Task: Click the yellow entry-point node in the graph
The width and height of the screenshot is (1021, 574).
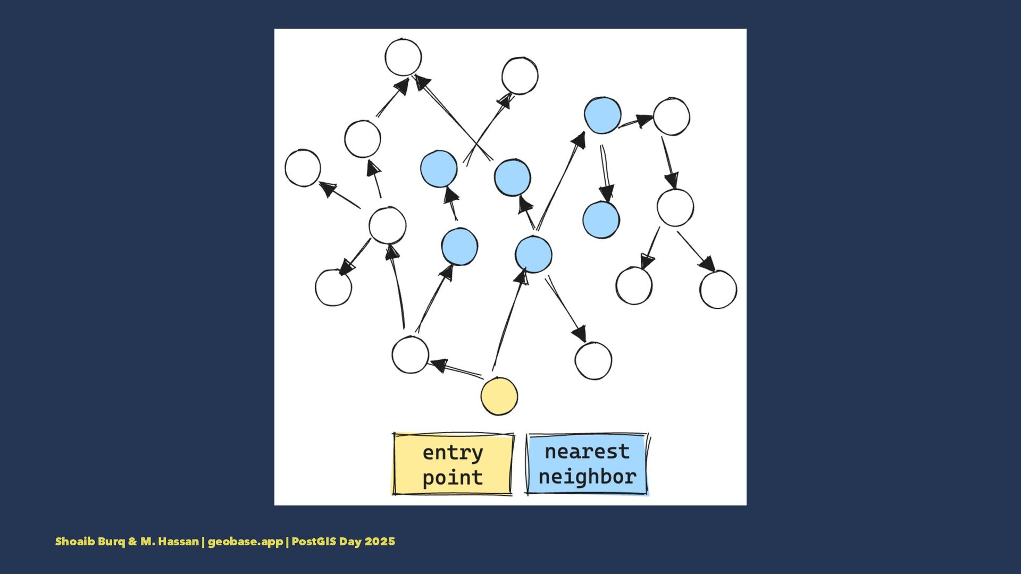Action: pos(499,396)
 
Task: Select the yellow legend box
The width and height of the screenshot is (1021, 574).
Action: pos(453,465)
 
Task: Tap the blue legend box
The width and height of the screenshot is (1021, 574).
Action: pos(587,464)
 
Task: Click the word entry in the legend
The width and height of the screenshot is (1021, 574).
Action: pos(453,453)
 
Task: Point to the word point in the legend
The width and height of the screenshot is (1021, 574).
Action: pos(453,477)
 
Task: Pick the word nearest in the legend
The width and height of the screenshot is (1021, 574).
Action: pos(587,452)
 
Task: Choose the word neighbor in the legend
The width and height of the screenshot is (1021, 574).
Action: pos(587,476)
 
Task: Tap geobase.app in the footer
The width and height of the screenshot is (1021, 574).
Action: pos(245,542)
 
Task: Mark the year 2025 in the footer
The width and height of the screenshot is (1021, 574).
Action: pos(380,542)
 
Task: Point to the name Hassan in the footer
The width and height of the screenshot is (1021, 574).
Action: pos(178,542)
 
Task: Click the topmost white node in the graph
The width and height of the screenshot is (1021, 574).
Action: pos(403,57)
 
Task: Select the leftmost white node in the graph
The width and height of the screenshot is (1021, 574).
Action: pos(303,168)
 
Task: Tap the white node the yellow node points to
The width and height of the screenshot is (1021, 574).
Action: pos(410,355)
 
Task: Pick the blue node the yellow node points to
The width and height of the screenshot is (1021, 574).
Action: pos(533,255)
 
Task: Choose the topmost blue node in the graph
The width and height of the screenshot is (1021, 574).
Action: pos(602,115)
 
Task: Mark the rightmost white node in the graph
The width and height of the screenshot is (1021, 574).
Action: pos(718,290)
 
